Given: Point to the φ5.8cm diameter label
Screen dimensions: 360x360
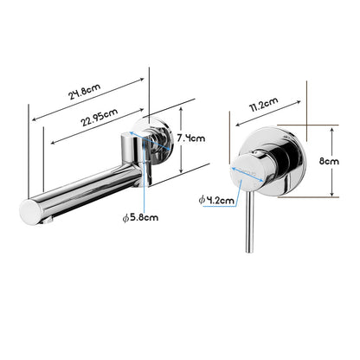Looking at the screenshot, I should click(x=139, y=217).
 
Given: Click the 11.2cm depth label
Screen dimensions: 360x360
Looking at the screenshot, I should click(x=263, y=104).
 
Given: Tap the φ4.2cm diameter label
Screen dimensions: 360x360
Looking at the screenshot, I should click(x=215, y=200).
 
